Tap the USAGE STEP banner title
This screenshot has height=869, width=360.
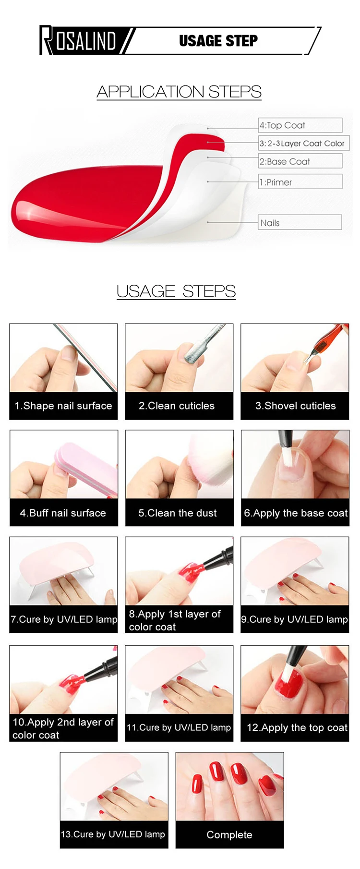click(218, 41)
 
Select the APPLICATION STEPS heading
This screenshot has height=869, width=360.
click(179, 91)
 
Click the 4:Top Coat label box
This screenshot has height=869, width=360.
click(300, 125)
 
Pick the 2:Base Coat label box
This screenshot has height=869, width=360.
click(300, 161)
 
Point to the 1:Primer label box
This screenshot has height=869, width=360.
click(300, 182)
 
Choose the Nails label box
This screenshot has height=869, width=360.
click(300, 222)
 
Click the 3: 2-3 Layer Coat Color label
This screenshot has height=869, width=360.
click(304, 143)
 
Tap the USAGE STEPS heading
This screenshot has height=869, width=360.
click(176, 291)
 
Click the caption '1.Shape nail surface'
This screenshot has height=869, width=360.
click(63, 406)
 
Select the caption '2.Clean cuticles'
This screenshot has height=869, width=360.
click(177, 406)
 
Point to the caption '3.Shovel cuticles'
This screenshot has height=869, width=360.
click(296, 406)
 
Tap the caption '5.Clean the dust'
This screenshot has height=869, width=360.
click(178, 513)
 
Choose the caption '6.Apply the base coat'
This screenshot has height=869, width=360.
click(296, 513)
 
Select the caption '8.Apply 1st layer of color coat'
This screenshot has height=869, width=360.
click(175, 620)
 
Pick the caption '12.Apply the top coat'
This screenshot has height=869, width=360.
click(297, 727)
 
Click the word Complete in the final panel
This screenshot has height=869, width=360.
click(229, 835)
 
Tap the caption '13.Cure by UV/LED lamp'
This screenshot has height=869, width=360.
click(113, 834)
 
